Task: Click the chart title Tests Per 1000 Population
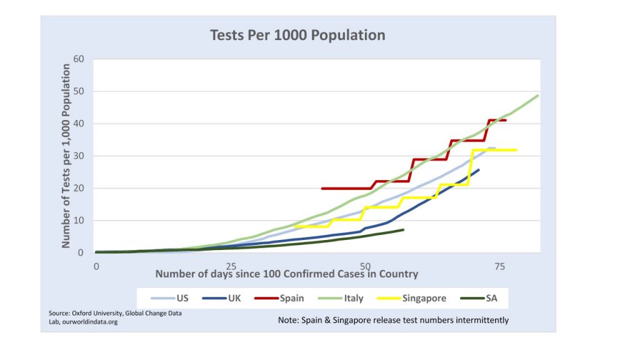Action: tap(297, 35)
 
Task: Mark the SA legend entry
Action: tap(492, 298)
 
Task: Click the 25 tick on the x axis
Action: tap(231, 266)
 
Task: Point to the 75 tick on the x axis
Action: tap(499, 266)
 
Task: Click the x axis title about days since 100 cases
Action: tap(286, 274)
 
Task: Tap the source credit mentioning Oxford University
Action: tap(115, 317)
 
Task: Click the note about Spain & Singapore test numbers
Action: tap(393, 320)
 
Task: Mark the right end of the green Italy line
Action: tap(538, 96)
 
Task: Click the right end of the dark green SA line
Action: tap(403, 230)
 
